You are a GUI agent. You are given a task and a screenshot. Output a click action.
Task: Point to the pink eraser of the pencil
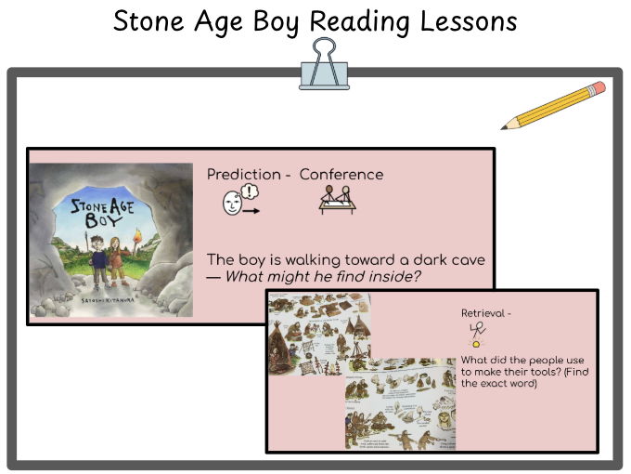click(x=598, y=88)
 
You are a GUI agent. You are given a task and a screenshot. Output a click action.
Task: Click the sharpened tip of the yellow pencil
click(x=504, y=127)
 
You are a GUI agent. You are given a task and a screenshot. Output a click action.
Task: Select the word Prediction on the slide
click(x=243, y=175)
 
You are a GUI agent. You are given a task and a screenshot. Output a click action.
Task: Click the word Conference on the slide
click(x=341, y=175)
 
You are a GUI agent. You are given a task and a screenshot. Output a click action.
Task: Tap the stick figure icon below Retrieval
click(x=479, y=335)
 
